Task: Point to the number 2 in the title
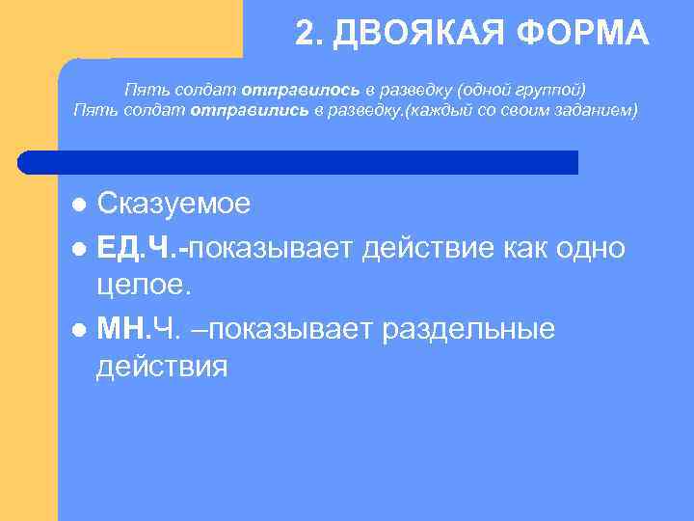coord(305,34)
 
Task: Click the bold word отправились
coord(249,109)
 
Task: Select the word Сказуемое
coord(173,204)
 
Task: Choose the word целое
coord(145,287)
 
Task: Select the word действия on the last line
coord(162,368)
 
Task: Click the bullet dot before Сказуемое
coord(80,205)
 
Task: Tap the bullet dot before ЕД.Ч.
coord(80,247)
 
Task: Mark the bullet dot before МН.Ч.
coord(80,329)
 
